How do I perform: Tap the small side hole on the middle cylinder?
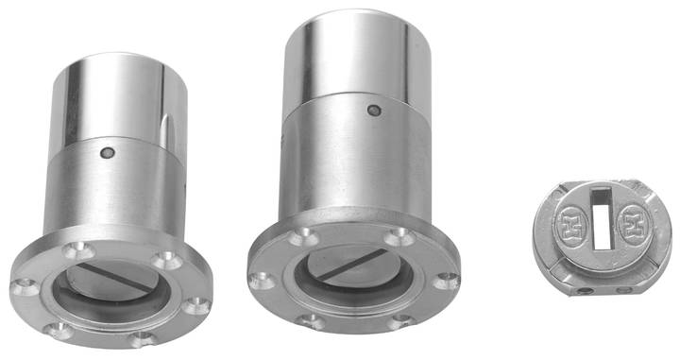tap(374, 111)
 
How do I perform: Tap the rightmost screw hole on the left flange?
tap(195, 304)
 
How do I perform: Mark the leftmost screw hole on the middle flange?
tap(258, 280)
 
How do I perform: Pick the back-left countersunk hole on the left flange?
tap(74, 251)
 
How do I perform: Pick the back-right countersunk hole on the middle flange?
tap(399, 235)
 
